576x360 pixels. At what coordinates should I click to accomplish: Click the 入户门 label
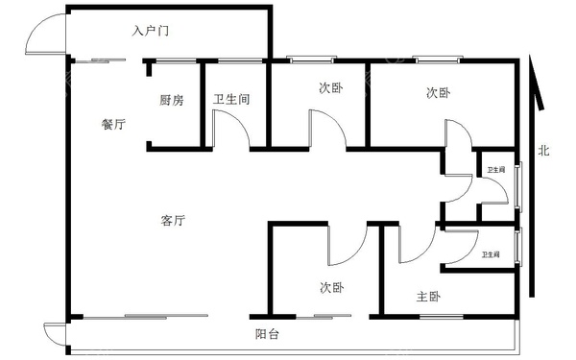(151, 32)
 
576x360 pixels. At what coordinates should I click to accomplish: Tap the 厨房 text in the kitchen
(172, 99)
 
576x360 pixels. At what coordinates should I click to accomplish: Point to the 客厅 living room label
(173, 221)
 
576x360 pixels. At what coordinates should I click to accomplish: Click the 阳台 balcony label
(268, 334)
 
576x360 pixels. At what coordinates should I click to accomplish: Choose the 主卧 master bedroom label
(428, 297)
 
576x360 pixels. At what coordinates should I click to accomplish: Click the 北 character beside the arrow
(543, 150)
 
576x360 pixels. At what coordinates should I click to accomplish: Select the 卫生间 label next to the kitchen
(231, 99)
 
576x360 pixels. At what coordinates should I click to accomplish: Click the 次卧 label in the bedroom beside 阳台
(332, 287)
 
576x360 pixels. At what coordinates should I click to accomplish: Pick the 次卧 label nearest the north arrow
(439, 93)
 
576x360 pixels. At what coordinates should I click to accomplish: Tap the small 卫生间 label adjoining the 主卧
(491, 254)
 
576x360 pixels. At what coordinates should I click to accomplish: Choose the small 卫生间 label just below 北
(493, 170)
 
